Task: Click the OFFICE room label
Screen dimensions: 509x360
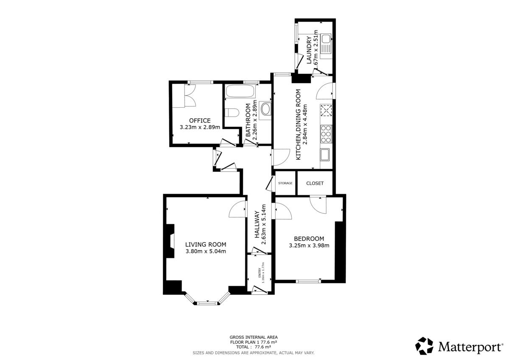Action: click(200, 120)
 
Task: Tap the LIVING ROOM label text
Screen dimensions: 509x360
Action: click(206, 244)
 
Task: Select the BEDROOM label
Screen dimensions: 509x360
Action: click(309, 239)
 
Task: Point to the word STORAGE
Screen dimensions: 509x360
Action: click(285, 183)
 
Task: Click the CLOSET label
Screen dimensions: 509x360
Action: click(315, 183)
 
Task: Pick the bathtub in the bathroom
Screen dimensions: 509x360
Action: click(240, 91)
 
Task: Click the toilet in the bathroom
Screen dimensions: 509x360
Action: click(232, 113)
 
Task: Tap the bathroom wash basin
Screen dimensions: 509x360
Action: click(266, 109)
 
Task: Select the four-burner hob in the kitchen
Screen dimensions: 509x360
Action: click(326, 134)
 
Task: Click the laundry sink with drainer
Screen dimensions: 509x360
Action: click(326, 46)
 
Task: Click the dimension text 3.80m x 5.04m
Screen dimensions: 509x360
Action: click(206, 251)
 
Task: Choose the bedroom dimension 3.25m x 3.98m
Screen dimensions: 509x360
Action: click(309, 246)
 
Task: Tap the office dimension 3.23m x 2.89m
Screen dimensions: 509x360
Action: click(200, 127)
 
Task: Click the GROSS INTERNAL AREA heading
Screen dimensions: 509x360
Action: click(254, 337)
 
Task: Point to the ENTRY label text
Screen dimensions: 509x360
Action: click(259, 273)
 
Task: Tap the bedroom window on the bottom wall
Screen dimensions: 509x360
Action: click(308, 281)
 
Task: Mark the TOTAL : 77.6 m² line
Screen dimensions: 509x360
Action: click(254, 347)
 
